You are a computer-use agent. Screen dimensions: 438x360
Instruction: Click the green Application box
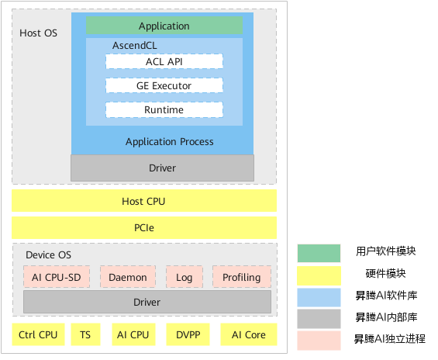point(164,26)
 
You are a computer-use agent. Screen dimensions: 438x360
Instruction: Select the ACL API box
point(164,61)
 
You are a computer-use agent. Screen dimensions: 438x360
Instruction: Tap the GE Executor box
point(164,85)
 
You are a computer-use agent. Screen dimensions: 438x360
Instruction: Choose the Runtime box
point(164,110)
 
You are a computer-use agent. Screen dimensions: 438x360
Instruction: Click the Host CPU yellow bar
point(144,201)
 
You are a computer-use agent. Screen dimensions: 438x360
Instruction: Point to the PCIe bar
point(144,227)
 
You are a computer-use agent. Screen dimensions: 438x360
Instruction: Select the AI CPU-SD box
point(57,277)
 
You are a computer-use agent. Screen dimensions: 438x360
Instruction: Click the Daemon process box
point(128,277)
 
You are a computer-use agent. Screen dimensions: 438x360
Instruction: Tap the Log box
point(185,277)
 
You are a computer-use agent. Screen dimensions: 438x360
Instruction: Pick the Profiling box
point(242,277)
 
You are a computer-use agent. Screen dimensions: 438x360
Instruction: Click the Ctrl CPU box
point(38,334)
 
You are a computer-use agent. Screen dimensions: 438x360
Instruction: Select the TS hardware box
point(85,334)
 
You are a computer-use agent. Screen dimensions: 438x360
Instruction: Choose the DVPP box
point(188,334)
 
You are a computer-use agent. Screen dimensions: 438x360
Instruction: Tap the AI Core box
point(249,334)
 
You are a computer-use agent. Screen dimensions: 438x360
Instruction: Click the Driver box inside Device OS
point(147,302)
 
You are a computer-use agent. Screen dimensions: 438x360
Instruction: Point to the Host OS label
point(38,33)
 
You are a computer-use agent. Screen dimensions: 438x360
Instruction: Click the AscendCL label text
point(135,45)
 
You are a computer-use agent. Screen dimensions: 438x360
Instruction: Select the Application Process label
point(170,142)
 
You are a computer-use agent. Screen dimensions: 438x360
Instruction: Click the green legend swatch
point(319,253)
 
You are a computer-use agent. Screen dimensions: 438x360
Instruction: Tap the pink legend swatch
point(319,340)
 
